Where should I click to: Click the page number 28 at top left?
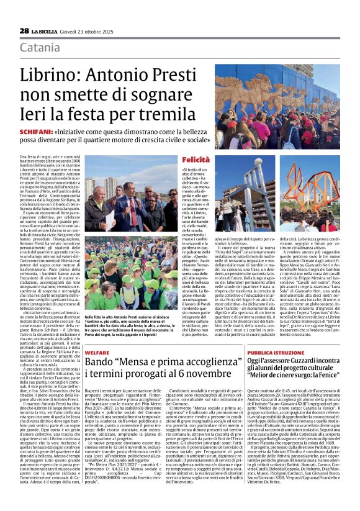click(24, 30)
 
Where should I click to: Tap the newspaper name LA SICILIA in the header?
click(48, 30)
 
